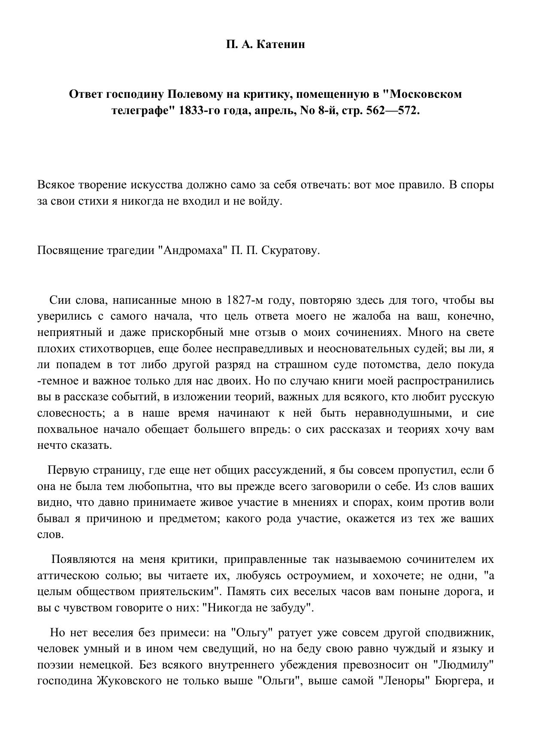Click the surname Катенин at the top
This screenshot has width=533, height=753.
click(281, 44)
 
